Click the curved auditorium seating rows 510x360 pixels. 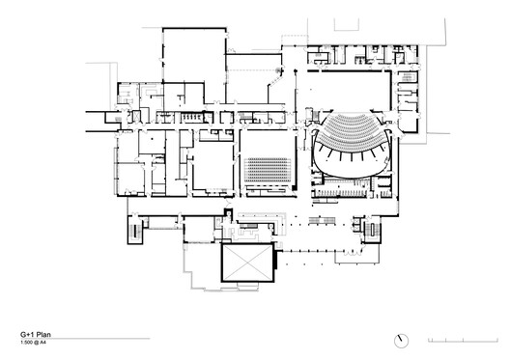coord(350,141)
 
